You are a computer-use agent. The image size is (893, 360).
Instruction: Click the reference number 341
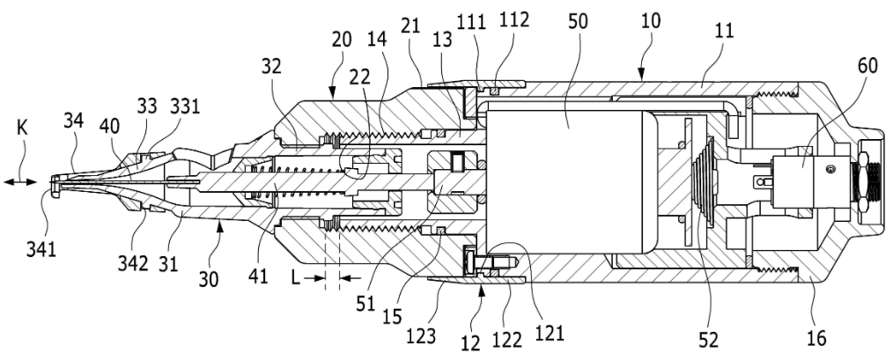41,249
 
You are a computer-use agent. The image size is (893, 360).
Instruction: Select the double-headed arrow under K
20,181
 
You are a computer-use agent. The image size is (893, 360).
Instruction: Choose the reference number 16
817,338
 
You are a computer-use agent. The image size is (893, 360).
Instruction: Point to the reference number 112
514,19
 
